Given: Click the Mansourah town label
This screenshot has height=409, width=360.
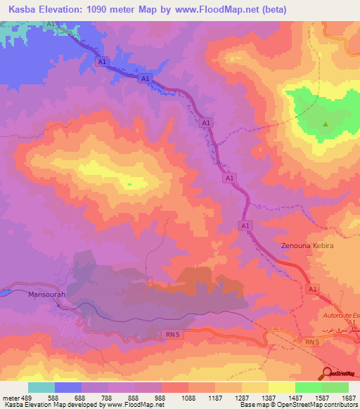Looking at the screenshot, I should [x=46, y=295].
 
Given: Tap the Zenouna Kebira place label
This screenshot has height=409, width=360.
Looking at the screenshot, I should [x=306, y=247].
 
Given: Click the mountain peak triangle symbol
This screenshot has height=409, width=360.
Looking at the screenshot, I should [x=326, y=125].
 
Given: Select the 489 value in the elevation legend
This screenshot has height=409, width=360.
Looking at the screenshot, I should [x=22, y=398].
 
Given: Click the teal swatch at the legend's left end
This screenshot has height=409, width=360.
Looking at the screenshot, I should [x=41, y=387].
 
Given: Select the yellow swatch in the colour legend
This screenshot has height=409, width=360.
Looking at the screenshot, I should [x=281, y=387].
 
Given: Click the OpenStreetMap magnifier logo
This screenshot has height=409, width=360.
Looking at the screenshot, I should [x=328, y=372].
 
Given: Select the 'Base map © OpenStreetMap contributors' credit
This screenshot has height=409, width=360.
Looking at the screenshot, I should [x=297, y=405].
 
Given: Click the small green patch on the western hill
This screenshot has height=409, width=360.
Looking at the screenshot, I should [x=129, y=185].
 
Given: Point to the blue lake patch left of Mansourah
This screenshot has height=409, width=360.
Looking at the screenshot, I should [x=12, y=289].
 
